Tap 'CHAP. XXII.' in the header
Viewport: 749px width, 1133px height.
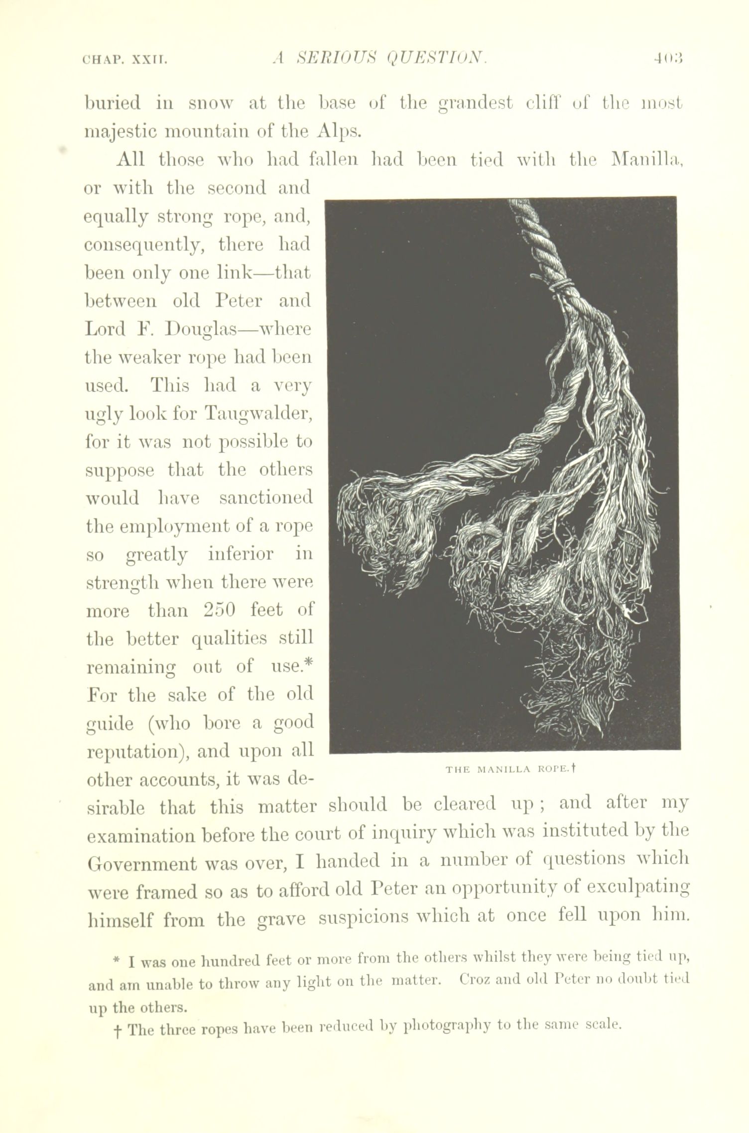pos(125,61)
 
